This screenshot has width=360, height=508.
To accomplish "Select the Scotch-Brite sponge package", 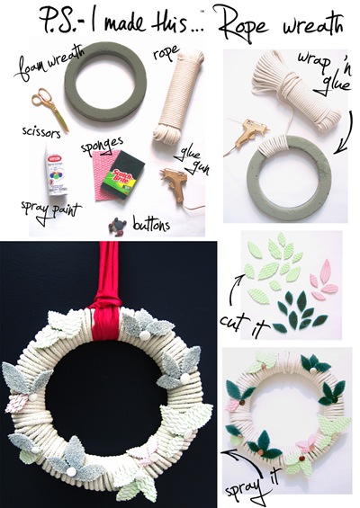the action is pos(123,175).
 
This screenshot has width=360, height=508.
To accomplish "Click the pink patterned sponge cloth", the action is pos(103,175).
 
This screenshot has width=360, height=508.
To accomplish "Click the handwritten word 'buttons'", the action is pos(151,224).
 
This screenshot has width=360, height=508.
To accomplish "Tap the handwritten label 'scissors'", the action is pos(41,132).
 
